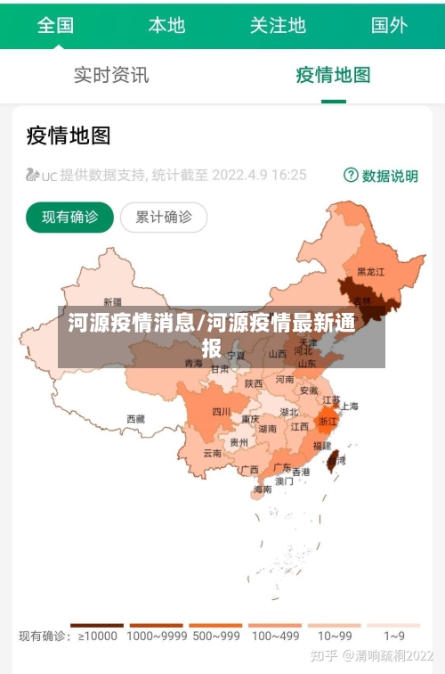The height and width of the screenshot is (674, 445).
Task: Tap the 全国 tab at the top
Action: pos(55,25)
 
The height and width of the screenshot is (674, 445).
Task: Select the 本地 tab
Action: pos(166,25)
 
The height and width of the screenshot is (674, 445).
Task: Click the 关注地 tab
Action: pos(278,25)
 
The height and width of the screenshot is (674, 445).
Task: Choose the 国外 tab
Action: pos(389,25)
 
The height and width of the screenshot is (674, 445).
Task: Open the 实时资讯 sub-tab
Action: pos(111,75)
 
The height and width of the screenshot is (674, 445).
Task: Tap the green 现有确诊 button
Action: pos(69,217)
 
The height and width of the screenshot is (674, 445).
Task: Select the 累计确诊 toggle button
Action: pos(163,217)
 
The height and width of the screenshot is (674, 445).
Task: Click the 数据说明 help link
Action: pos(381,176)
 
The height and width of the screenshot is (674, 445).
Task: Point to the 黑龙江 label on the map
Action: pos(370,271)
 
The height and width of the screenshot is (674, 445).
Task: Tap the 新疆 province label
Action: pos(112,301)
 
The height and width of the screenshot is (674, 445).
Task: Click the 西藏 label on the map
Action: pos(135,418)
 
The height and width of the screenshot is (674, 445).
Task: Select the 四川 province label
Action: pos(221,412)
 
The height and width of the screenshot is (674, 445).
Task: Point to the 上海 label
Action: pos(349,407)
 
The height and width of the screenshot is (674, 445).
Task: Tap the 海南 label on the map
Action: pos(263,489)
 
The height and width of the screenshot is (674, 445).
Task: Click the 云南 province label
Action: pos(212,453)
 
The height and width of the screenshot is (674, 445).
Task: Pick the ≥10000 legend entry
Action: pos(97,636)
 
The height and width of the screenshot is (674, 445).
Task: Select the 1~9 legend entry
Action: pos(393,636)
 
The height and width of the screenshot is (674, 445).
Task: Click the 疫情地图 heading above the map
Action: pos(69,136)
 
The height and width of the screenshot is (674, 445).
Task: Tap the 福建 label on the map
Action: pos(321,446)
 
